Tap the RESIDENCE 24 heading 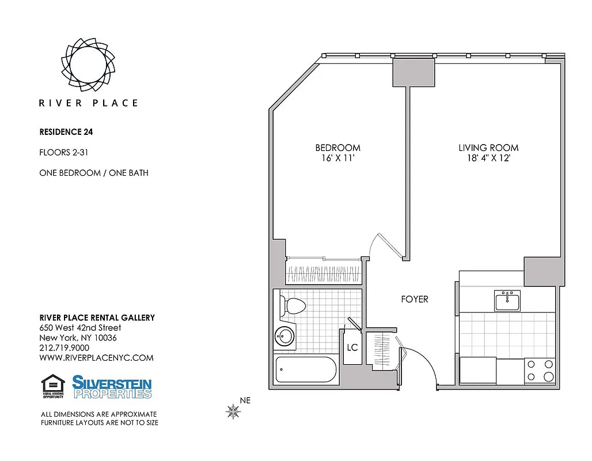(x=66, y=131)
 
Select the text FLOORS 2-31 (x=63, y=153)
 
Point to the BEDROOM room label (x=337, y=148)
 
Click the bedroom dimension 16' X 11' (x=337, y=158)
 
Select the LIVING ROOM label (x=488, y=148)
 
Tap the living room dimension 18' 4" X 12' (x=488, y=158)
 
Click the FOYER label (x=415, y=300)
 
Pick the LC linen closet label (x=352, y=348)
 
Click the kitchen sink (x=507, y=300)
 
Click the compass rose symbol (x=233, y=411)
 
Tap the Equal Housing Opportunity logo (x=52, y=386)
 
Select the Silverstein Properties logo (x=112, y=387)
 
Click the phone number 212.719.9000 (x=64, y=347)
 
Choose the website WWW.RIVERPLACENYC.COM (x=96, y=358)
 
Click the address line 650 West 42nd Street (x=80, y=328)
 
